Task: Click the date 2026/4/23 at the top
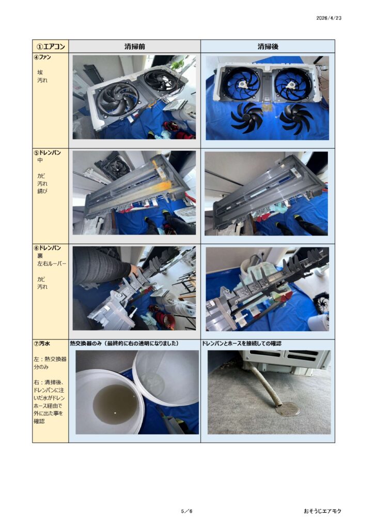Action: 329,18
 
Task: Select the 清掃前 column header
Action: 134,46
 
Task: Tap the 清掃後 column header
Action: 268,46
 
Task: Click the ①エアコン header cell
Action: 51,46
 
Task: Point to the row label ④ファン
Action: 42,57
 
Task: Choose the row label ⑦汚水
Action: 42,344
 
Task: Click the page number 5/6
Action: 186,511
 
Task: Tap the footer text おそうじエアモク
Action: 322,511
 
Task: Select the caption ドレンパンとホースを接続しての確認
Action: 241,344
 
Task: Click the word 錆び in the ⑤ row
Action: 42,191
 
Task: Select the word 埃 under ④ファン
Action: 40,72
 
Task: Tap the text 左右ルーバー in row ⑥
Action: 52,263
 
